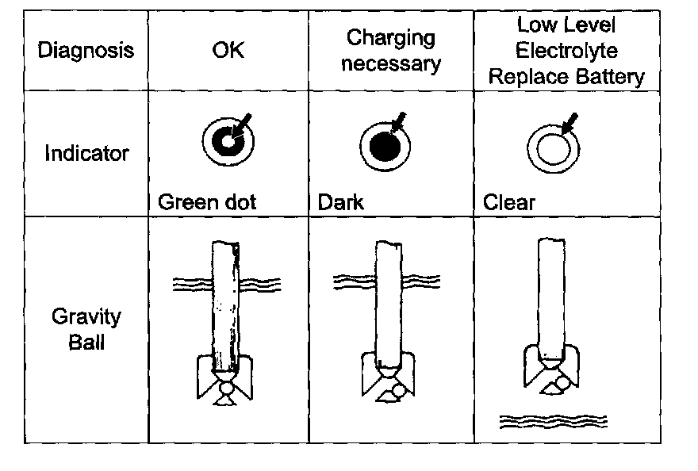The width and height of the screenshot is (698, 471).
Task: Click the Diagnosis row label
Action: coord(86,51)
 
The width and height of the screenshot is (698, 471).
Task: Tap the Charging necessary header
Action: coord(392,50)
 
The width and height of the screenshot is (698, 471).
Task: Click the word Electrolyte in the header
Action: coord(566,51)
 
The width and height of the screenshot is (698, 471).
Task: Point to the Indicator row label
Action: coord(86,153)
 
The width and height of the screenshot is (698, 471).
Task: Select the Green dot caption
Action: coord(207,202)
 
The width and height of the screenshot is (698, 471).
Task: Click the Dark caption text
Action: coord(341,202)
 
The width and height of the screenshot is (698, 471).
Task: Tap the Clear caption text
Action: coord(508,202)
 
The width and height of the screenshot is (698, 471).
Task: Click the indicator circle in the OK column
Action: coord(227,143)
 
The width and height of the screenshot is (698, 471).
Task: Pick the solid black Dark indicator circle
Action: coord(385,145)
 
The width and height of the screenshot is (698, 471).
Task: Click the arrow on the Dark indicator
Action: coord(401,121)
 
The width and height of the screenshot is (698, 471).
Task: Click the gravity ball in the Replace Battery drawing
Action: coord(562,383)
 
